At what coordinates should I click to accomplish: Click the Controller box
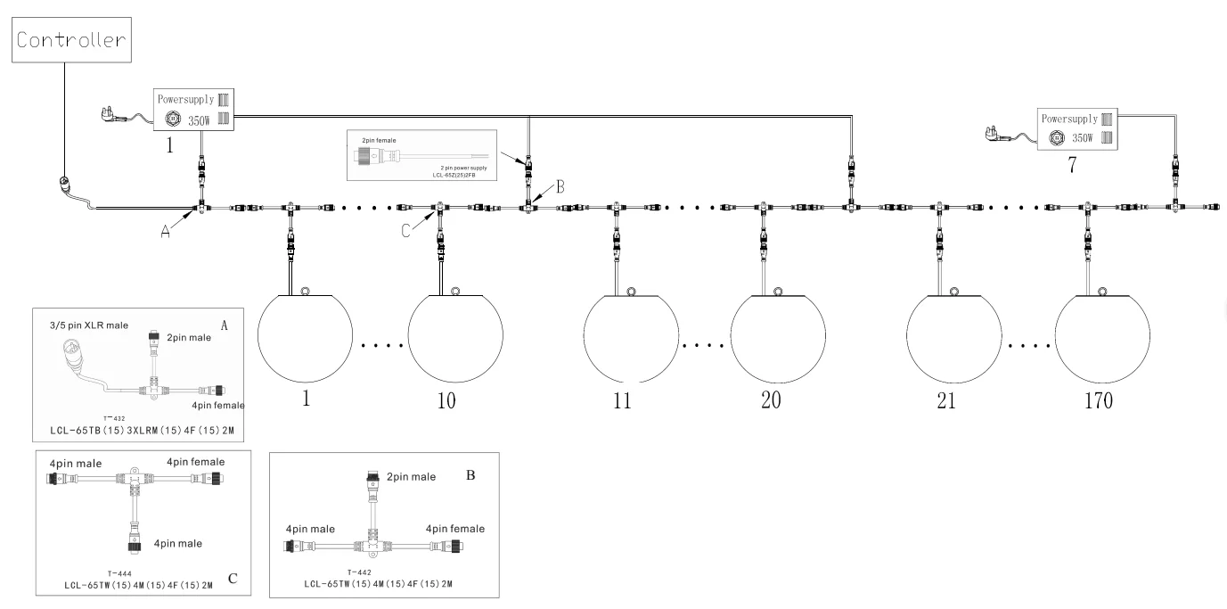(x=68, y=40)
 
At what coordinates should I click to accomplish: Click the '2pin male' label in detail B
(x=410, y=477)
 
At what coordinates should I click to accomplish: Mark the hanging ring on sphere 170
(x=1102, y=291)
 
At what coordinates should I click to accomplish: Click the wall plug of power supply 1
(x=111, y=114)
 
